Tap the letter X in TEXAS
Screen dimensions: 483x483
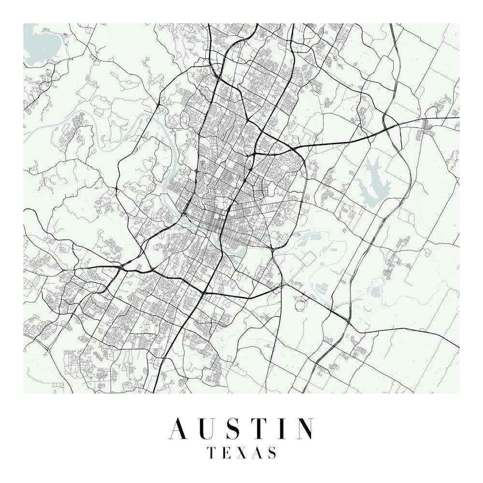(x=241, y=453)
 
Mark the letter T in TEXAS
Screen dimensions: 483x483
(x=212, y=453)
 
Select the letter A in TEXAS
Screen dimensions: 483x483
(x=257, y=453)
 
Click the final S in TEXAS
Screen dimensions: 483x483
(x=272, y=453)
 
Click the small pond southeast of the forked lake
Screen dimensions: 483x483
(x=376, y=292)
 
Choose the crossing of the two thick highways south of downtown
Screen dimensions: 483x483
(x=203, y=293)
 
